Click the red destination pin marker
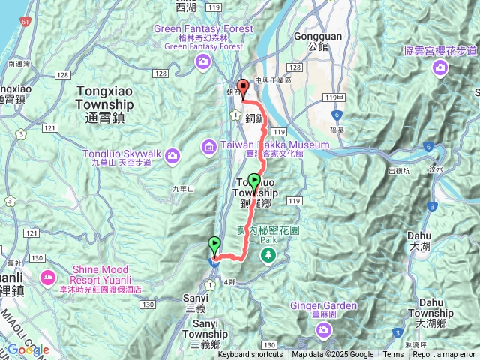pos(242,86)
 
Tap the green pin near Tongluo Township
pos(254,181)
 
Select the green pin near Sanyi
pos(214,244)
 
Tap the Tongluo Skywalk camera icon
pos(173,155)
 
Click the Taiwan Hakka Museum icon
pos(209,145)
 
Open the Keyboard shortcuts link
pos(250,355)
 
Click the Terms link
pos(393,355)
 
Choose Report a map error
pos(445,355)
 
